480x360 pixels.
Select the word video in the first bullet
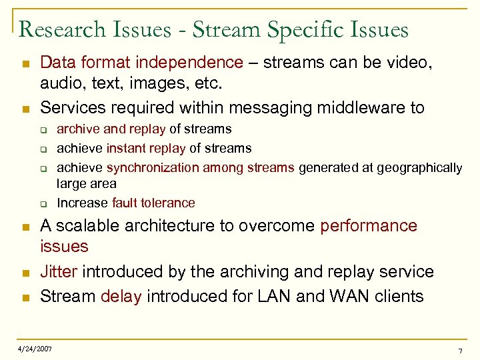point(411,63)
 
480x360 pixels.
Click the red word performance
point(368,226)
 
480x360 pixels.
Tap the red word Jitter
point(59,272)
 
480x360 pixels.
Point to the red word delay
point(121,295)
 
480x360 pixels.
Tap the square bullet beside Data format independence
point(24,63)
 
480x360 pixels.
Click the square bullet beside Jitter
point(24,273)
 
